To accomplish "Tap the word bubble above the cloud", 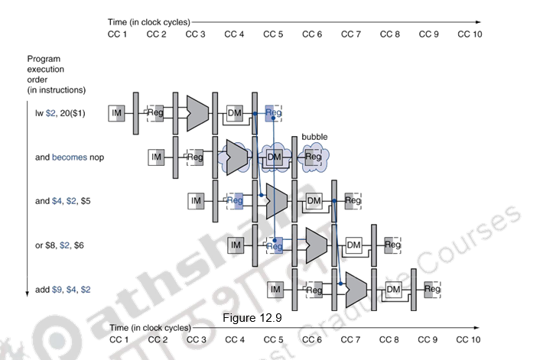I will click(314, 137).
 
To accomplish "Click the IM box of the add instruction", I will click(275, 289).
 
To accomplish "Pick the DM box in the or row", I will click(353, 245).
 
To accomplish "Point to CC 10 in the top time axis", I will click(469, 34).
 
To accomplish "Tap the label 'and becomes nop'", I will click(69, 157).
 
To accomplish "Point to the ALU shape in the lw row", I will click(197, 112).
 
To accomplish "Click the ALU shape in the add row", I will click(355, 288).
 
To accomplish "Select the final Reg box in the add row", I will click(432, 289).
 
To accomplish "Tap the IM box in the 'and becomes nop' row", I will click(156, 157).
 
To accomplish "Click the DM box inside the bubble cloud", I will click(274, 157).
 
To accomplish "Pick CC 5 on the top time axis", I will click(274, 34).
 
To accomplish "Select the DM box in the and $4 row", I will click(314, 200).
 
